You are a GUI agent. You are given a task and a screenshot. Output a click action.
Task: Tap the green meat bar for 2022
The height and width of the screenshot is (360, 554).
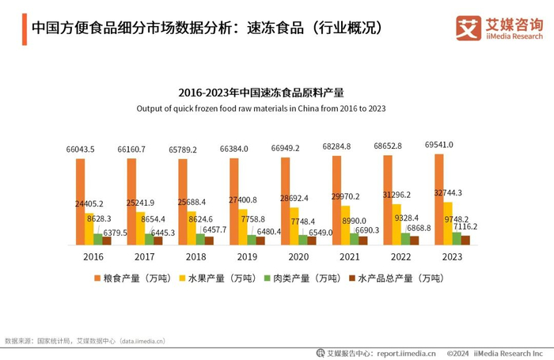coord(406,239)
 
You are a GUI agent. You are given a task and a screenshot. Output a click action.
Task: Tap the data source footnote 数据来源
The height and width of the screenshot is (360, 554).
coord(85,341)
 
